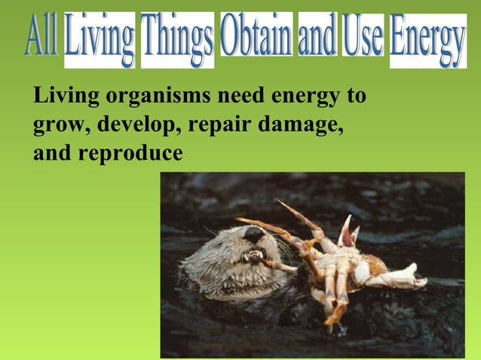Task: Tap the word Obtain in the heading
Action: coord(256,36)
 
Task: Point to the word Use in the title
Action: coord(363,36)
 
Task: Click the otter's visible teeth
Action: coord(255,256)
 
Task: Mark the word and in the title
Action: coord(317,36)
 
